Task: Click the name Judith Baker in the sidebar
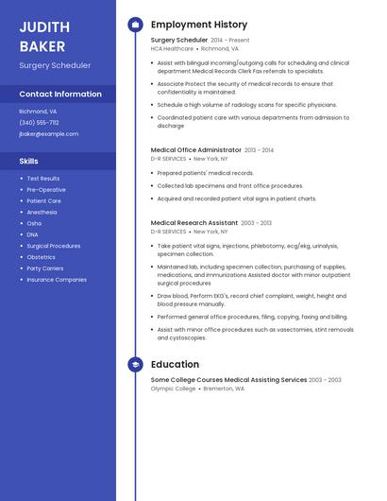click(x=42, y=35)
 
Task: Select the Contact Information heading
click(x=60, y=95)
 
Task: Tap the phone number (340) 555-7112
click(x=39, y=122)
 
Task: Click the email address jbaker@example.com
click(x=49, y=134)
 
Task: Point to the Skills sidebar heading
click(x=28, y=161)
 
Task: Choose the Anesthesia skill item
click(x=42, y=212)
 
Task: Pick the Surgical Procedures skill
click(x=54, y=246)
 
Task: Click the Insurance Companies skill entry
click(x=57, y=280)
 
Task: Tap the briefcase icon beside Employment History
click(x=135, y=25)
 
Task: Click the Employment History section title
click(x=199, y=25)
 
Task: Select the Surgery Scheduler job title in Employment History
click(x=179, y=41)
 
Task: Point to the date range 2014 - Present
click(x=230, y=41)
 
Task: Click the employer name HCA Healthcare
click(x=172, y=48)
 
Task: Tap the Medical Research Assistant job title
click(x=194, y=223)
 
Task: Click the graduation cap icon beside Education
click(x=135, y=364)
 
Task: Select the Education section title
click(x=175, y=364)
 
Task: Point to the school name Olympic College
click(x=174, y=388)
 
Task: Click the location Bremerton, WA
click(x=226, y=388)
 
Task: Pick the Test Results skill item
click(x=43, y=179)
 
